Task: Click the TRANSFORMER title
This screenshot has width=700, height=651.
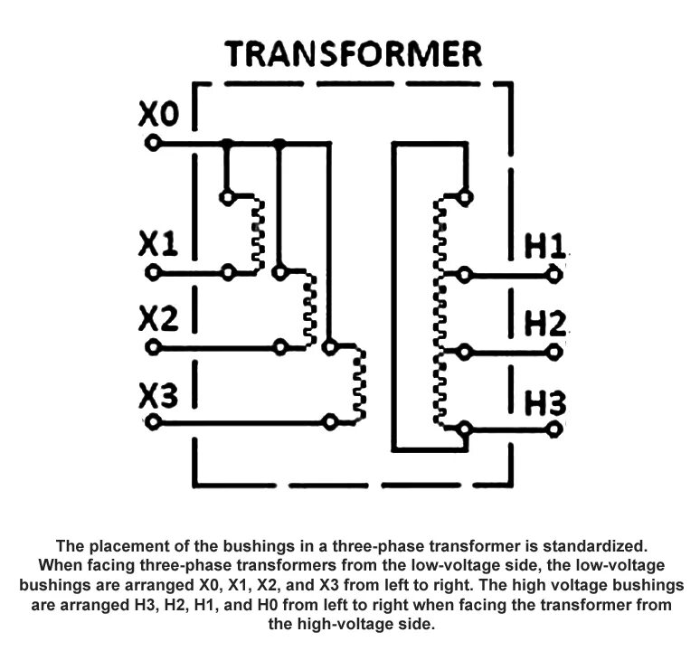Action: pyautogui.click(x=354, y=55)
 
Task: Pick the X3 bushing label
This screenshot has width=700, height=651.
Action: pyautogui.click(x=159, y=394)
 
